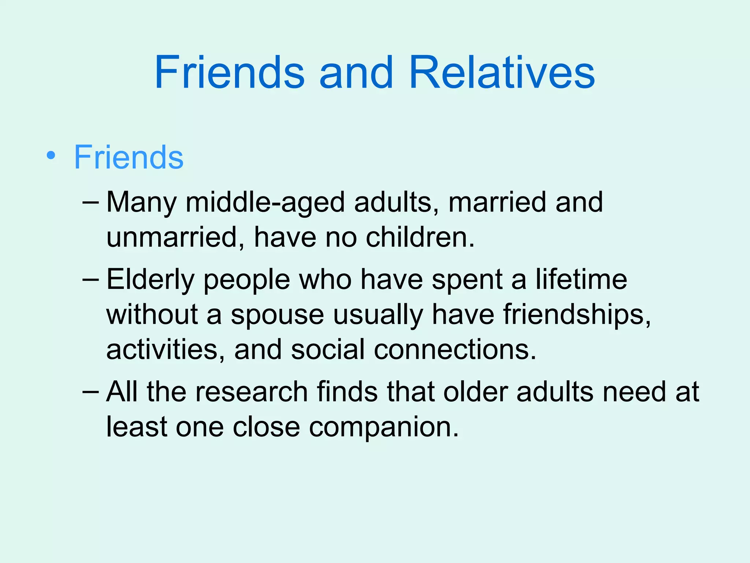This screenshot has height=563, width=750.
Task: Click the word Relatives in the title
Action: (502, 72)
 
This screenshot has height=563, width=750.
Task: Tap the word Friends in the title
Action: (229, 72)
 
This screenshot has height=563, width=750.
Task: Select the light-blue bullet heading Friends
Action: (129, 157)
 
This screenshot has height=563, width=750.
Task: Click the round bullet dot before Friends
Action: (51, 155)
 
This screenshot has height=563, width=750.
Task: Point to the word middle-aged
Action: (265, 202)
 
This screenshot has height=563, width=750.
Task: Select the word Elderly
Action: (150, 280)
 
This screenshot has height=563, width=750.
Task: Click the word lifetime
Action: (581, 280)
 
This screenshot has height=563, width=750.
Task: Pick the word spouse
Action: (277, 315)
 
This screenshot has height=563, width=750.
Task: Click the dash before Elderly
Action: (91, 279)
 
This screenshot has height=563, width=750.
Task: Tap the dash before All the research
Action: (91, 391)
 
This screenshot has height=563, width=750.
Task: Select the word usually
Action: (378, 315)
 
